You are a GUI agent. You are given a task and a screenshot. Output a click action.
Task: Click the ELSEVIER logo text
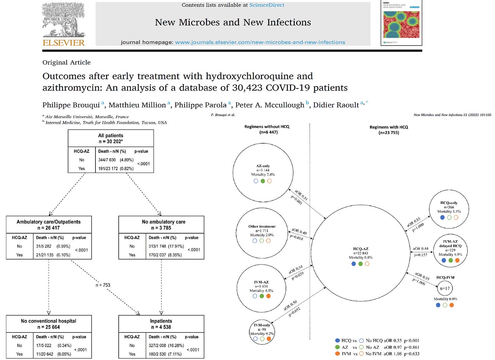pyautogui.click(x=64, y=43)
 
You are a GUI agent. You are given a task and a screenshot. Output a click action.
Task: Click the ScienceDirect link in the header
pyautogui.click(x=267, y=5)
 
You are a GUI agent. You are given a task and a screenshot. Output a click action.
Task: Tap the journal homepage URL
pyautogui.click(x=260, y=42)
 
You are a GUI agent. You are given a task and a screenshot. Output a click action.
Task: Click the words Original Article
pyautogui.click(x=67, y=62)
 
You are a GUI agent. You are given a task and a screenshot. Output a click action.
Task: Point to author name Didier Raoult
pyautogui.click(x=336, y=105)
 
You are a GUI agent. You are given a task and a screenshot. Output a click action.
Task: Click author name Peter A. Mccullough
pyautogui.click(x=270, y=105)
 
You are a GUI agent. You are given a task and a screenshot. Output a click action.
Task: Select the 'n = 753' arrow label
pyautogui.click(x=103, y=285)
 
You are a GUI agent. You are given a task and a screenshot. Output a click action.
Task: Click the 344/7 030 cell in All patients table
pyautogui.click(x=107, y=160)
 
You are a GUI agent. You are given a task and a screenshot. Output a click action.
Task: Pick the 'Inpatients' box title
pyautogui.click(x=161, y=321)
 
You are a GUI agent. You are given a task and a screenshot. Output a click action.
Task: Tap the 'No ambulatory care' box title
pyautogui.click(x=164, y=222)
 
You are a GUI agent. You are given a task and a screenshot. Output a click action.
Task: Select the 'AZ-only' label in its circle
pyautogui.click(x=263, y=166)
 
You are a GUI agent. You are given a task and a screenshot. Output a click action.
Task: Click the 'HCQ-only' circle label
pyautogui.click(x=449, y=203)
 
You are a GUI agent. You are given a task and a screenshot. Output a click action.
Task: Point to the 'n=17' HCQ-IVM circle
pyautogui.click(x=445, y=289)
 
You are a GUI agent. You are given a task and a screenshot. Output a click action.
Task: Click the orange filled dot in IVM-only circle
pyautogui.click(x=269, y=339)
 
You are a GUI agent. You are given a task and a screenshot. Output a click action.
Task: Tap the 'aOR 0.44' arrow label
pyautogui.click(x=421, y=249)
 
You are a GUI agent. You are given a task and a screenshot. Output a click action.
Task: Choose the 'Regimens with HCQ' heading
pyautogui.click(x=389, y=127)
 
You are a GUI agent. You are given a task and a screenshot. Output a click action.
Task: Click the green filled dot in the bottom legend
pyautogui.click(x=337, y=347)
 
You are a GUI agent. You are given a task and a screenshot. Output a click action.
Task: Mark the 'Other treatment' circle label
pyautogui.click(x=262, y=226)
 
